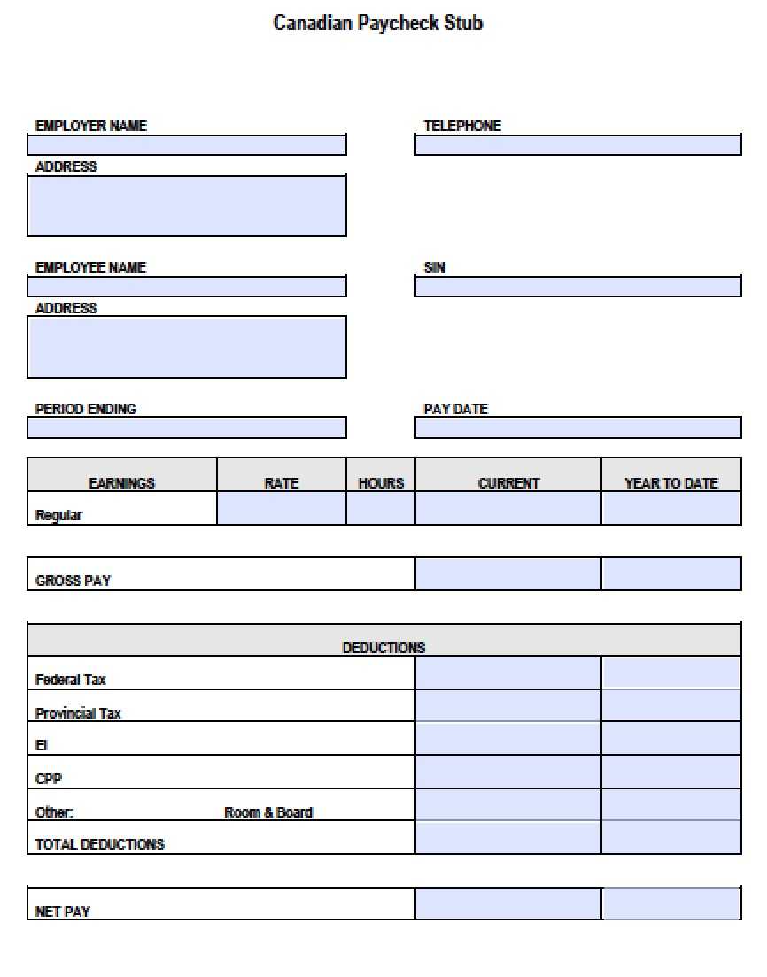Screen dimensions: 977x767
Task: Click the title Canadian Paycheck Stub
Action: click(x=378, y=23)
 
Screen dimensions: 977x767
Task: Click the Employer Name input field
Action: click(x=187, y=145)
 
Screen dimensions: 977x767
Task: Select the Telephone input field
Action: click(x=577, y=145)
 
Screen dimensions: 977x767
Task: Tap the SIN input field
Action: click(x=577, y=287)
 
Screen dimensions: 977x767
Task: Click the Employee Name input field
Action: click(x=187, y=287)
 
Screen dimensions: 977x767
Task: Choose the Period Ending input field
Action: click(x=187, y=428)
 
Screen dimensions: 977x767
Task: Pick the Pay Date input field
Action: click(x=577, y=428)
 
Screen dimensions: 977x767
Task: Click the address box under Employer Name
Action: click(x=187, y=205)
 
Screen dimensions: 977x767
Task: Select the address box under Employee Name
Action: click(x=187, y=347)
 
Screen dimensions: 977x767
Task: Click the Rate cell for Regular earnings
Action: click(x=282, y=509)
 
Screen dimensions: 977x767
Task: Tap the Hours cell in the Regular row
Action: click(x=381, y=509)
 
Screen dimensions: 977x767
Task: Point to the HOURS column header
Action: click(x=381, y=483)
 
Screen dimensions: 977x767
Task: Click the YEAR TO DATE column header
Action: click(x=670, y=483)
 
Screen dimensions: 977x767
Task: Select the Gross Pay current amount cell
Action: click(x=507, y=573)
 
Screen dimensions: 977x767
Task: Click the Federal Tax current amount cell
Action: click(x=507, y=673)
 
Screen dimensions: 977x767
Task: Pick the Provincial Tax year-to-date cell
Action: click(x=670, y=706)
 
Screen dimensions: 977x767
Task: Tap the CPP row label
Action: click(x=49, y=779)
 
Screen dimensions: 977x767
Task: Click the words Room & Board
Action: click(x=268, y=812)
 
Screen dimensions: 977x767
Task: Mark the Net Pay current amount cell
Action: click(x=507, y=904)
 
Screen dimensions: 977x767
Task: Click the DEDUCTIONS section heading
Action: click(x=383, y=648)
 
